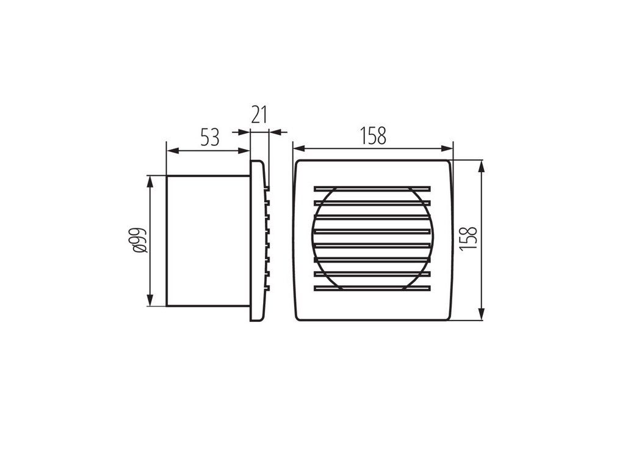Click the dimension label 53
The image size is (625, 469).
pyautogui.click(x=210, y=137)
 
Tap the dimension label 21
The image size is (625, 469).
pyautogui.click(x=259, y=115)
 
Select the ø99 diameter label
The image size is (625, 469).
pyautogui.click(x=141, y=241)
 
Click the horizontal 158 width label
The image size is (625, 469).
pyautogui.click(x=373, y=136)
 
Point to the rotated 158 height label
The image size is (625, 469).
pyautogui.click(x=468, y=238)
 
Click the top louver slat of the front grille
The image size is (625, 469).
pyautogui.click(x=372, y=188)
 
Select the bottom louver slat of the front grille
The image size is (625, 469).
pyautogui.click(x=372, y=288)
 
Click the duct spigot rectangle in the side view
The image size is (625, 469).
pyautogui.click(x=208, y=241)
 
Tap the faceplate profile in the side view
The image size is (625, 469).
pyautogui.click(x=258, y=241)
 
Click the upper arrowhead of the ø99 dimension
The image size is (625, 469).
pyautogui.click(x=150, y=181)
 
